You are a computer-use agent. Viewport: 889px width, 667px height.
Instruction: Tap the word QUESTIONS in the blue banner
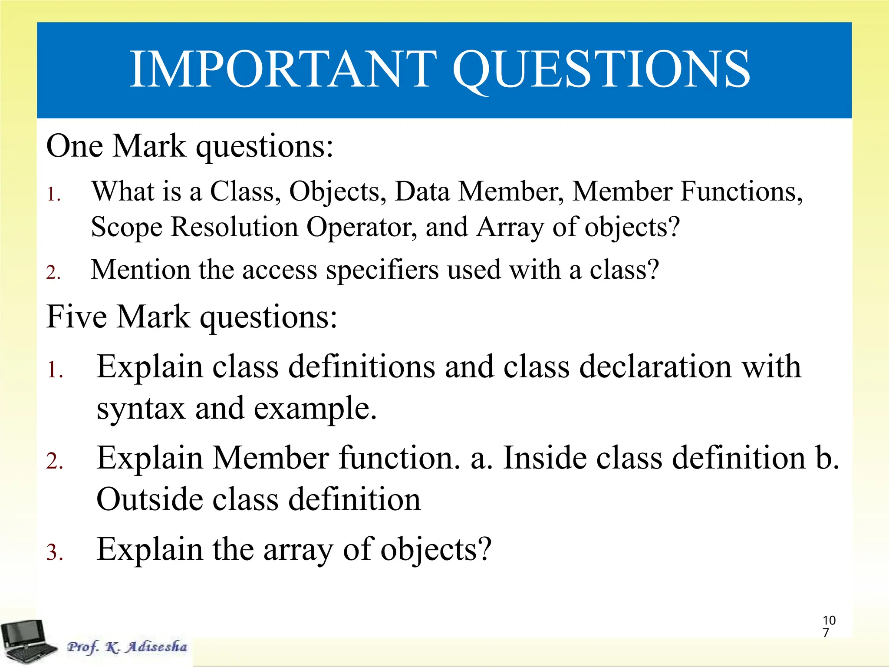(601, 69)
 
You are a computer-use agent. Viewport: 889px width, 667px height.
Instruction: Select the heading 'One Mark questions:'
(190, 146)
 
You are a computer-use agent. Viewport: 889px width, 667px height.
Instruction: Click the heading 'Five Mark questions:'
(191, 317)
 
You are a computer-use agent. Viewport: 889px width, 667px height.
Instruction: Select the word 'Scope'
(127, 227)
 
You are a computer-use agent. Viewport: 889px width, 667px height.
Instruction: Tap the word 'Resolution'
(234, 227)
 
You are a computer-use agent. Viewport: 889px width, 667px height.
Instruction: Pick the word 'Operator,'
(362, 227)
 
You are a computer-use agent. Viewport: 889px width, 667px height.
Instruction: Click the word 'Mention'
(141, 270)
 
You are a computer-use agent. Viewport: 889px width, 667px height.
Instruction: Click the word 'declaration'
(655, 367)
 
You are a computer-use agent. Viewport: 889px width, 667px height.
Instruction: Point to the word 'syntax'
(141, 409)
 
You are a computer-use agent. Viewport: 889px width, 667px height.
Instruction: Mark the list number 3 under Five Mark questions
(54, 553)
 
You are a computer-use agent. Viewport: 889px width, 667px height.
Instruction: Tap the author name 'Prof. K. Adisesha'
(127, 647)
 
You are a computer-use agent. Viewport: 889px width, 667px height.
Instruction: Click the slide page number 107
(829, 626)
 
